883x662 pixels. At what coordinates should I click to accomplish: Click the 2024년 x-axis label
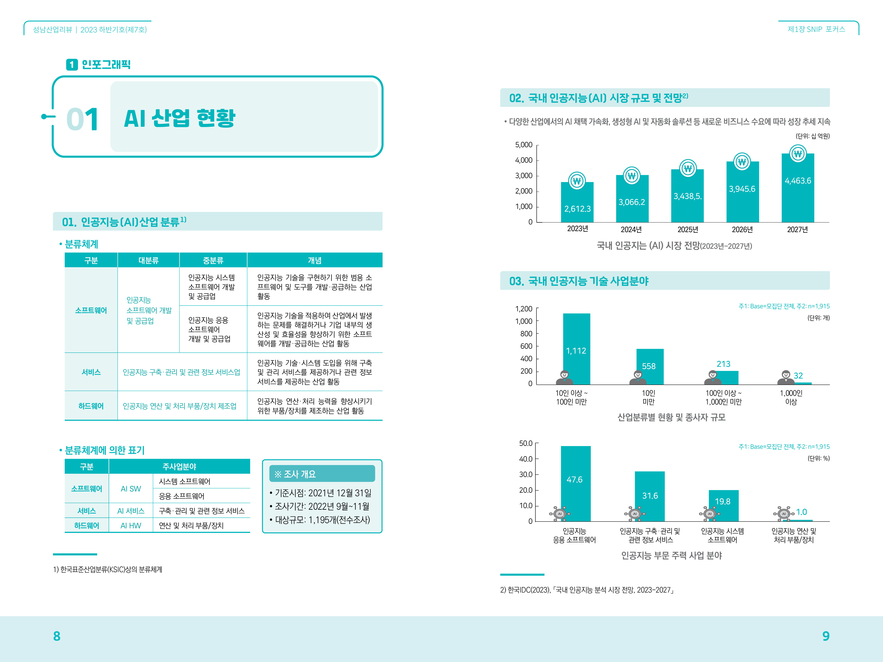pyautogui.click(x=631, y=229)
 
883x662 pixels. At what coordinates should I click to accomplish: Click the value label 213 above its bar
pyautogui.click(x=723, y=364)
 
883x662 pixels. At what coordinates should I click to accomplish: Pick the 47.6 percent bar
pyautogui.click(x=575, y=483)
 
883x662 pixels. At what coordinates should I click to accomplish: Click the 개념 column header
pyautogui.click(x=315, y=260)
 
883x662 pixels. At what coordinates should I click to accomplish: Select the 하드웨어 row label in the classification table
pyautogui.click(x=91, y=406)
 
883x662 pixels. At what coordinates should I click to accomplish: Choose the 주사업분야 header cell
pyautogui.click(x=179, y=466)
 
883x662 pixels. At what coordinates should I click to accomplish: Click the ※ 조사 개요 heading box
pyautogui.click(x=322, y=474)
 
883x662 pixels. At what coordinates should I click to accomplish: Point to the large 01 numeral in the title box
pyautogui.click(x=82, y=119)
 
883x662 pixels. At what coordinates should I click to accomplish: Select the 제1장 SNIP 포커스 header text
pyautogui.click(x=816, y=29)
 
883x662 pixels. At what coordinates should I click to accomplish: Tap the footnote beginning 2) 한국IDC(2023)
pyautogui.click(x=587, y=590)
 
